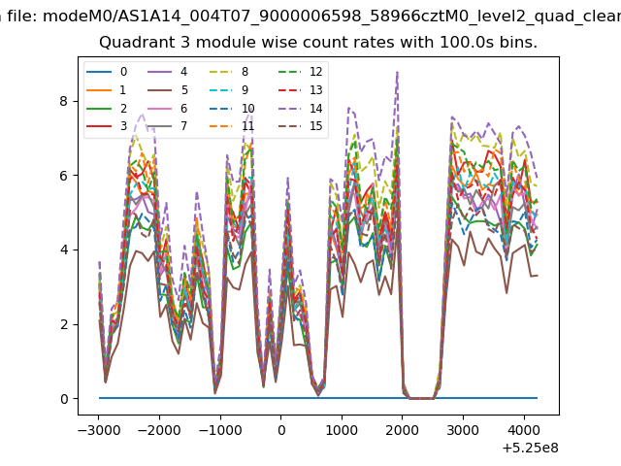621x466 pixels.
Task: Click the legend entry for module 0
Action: click(107, 72)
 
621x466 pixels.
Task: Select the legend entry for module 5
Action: click(168, 90)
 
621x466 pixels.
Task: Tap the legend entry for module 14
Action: click(300, 108)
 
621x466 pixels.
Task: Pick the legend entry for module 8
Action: click(229, 72)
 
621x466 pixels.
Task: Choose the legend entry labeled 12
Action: click(300, 72)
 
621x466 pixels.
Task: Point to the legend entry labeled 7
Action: click(168, 126)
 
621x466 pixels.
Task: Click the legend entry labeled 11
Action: click(232, 126)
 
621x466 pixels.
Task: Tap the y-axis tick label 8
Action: click(64, 101)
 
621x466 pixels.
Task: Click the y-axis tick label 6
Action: click(64, 176)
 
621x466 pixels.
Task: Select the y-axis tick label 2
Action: click(64, 324)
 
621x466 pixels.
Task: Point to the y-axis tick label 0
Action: click(64, 399)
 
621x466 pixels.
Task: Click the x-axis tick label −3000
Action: click(99, 430)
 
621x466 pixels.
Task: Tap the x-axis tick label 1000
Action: click(342, 430)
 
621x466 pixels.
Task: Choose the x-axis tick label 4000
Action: click(524, 430)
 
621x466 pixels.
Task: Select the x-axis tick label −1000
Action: click(220, 430)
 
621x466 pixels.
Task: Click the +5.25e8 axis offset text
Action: click(531, 449)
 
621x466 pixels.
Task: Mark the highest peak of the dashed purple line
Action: click(397, 72)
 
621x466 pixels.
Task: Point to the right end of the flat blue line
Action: click(538, 398)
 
